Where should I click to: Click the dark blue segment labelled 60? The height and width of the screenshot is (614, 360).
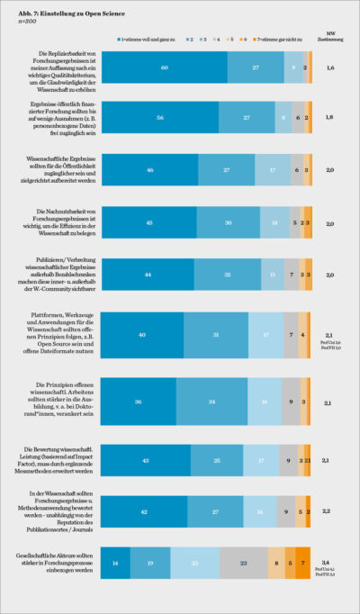164,68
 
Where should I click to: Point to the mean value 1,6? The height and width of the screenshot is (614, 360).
329,68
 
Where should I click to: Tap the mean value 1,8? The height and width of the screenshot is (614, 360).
329,117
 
